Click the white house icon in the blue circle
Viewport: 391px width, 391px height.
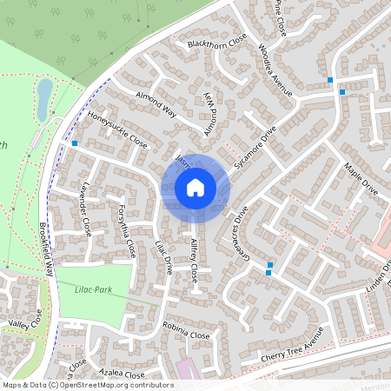[195, 187]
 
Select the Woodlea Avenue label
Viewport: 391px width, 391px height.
[276, 68]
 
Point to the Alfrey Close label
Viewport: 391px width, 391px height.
[198, 262]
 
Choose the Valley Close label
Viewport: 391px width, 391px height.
[23, 323]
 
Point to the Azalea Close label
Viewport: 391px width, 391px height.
[123, 373]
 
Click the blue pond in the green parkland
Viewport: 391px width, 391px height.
[43, 97]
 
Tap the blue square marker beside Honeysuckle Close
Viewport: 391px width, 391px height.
[76, 143]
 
